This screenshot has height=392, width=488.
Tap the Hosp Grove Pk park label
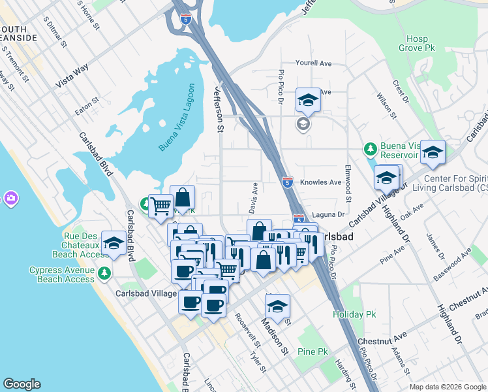417,44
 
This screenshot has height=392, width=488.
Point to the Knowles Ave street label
321,182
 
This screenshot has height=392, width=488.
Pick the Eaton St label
87,106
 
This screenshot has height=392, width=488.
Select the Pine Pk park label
313,351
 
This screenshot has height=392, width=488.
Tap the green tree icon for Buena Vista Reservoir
371,149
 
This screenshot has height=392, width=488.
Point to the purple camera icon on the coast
10,197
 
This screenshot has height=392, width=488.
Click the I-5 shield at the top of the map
186,19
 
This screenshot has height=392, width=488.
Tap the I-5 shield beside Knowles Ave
288,182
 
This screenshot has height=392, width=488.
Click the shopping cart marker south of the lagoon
160,206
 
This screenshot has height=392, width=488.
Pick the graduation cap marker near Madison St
277,306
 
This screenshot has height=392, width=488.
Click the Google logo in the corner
22,384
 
